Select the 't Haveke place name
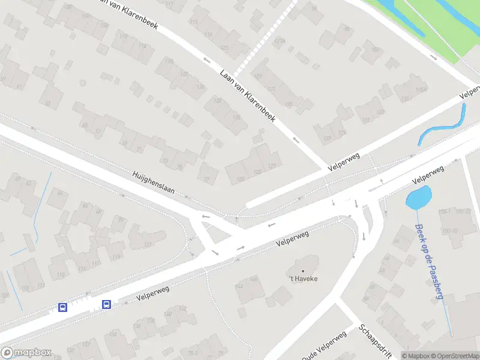302,279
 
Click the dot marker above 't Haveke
302,271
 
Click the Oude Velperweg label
324,346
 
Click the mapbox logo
26,353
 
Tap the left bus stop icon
62,307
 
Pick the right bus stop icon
107,304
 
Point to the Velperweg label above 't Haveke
292,238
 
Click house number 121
148,244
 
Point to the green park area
420,24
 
